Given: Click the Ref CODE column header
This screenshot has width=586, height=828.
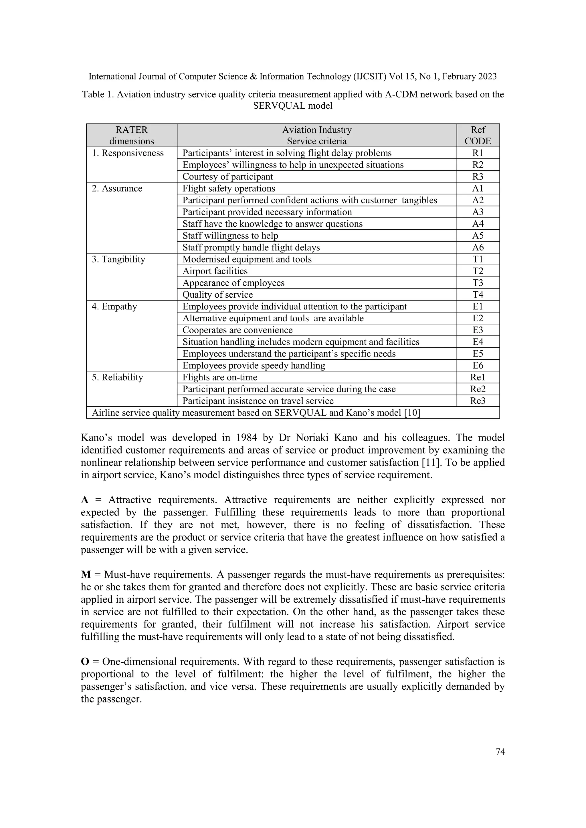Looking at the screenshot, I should tap(478, 135).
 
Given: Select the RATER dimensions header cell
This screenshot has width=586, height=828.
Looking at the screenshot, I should tap(132, 135).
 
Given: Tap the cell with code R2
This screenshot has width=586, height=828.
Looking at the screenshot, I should tap(478, 165).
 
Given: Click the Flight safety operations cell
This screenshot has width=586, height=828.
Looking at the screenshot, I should tap(229, 189).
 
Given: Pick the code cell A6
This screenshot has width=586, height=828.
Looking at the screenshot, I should tap(478, 247).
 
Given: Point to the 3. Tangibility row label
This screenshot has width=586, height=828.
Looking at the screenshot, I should tap(118, 259).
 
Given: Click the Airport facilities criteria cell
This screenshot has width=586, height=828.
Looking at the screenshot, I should tap(215, 271).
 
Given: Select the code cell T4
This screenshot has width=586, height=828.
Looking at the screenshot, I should tap(478, 295).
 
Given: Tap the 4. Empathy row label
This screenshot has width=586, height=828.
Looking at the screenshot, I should tap(114, 306).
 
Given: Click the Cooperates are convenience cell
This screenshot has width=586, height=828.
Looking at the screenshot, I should tap(237, 330).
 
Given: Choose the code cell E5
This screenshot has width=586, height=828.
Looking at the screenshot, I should tap(478, 354).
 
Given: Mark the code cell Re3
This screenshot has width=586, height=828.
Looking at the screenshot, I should tap(478, 401).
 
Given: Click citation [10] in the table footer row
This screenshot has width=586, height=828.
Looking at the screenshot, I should tap(412, 413).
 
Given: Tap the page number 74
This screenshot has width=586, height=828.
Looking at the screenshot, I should tap(500, 752).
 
